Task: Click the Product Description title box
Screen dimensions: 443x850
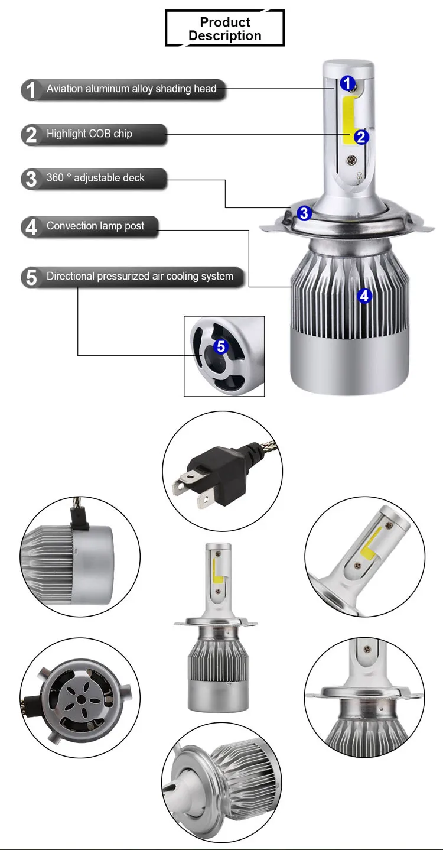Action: click(225, 28)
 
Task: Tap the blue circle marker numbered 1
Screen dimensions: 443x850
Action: click(347, 83)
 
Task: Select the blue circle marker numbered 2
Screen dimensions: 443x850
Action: click(361, 137)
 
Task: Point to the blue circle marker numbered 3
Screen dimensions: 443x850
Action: click(304, 213)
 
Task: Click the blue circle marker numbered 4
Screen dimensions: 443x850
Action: click(364, 296)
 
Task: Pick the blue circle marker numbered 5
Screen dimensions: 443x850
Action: click(221, 346)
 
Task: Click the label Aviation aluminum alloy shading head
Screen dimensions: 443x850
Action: click(131, 89)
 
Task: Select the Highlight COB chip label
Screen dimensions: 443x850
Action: click(89, 134)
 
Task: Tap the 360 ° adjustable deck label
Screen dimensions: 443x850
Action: click(95, 177)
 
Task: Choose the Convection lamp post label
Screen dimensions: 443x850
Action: click(95, 226)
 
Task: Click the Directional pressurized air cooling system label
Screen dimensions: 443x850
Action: click(139, 276)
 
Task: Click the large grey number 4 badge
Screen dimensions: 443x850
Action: click(31, 227)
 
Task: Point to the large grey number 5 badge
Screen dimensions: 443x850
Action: click(31, 277)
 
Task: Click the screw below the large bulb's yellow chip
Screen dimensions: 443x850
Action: click(352, 160)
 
